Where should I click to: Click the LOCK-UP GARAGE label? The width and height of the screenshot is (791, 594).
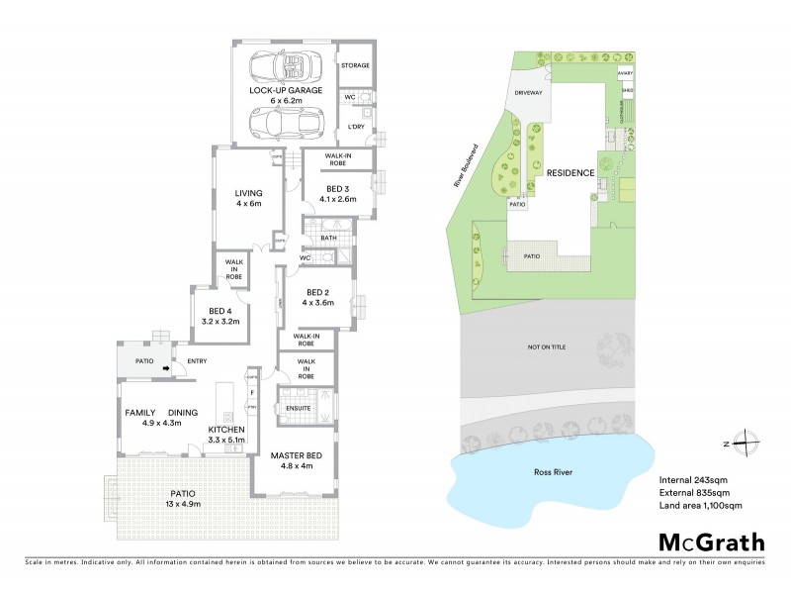[287, 89]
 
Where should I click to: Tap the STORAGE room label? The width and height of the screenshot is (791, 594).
[355, 65]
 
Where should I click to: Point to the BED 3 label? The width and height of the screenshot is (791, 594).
[338, 188]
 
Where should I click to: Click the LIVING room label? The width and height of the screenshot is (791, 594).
[247, 193]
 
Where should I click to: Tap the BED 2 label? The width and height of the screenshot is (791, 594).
[316, 292]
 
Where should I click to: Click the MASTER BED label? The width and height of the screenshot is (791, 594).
[291, 455]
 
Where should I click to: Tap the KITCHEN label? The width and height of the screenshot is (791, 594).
[226, 430]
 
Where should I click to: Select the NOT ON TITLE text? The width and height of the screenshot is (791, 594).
[546, 349]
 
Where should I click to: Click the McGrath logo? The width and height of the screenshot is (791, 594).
[712, 542]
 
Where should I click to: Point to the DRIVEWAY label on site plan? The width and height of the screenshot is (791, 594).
[530, 93]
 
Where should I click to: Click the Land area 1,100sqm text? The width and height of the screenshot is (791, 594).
[700, 506]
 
